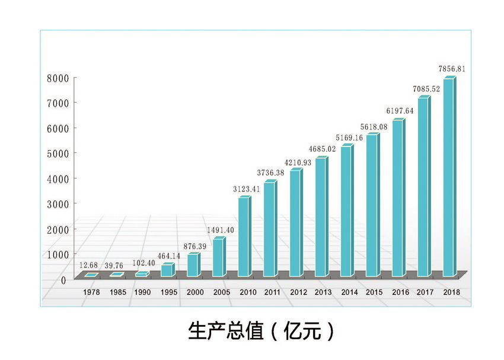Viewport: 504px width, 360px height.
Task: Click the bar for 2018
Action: point(449,178)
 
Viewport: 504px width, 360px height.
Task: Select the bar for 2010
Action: point(244,237)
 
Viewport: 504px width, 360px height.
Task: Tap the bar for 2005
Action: point(218,258)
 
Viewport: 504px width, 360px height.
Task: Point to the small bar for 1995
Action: point(167,270)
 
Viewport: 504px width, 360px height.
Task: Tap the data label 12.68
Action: point(90,265)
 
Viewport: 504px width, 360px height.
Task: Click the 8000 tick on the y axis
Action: point(59,78)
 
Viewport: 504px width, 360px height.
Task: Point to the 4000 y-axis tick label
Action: point(59,179)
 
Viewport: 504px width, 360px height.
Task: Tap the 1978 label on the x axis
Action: point(91,292)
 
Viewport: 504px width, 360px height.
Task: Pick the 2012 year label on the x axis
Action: point(298,292)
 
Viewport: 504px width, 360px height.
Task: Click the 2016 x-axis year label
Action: point(400,292)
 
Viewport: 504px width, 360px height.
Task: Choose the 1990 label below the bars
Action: point(142,292)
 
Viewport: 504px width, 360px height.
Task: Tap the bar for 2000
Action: point(192,265)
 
